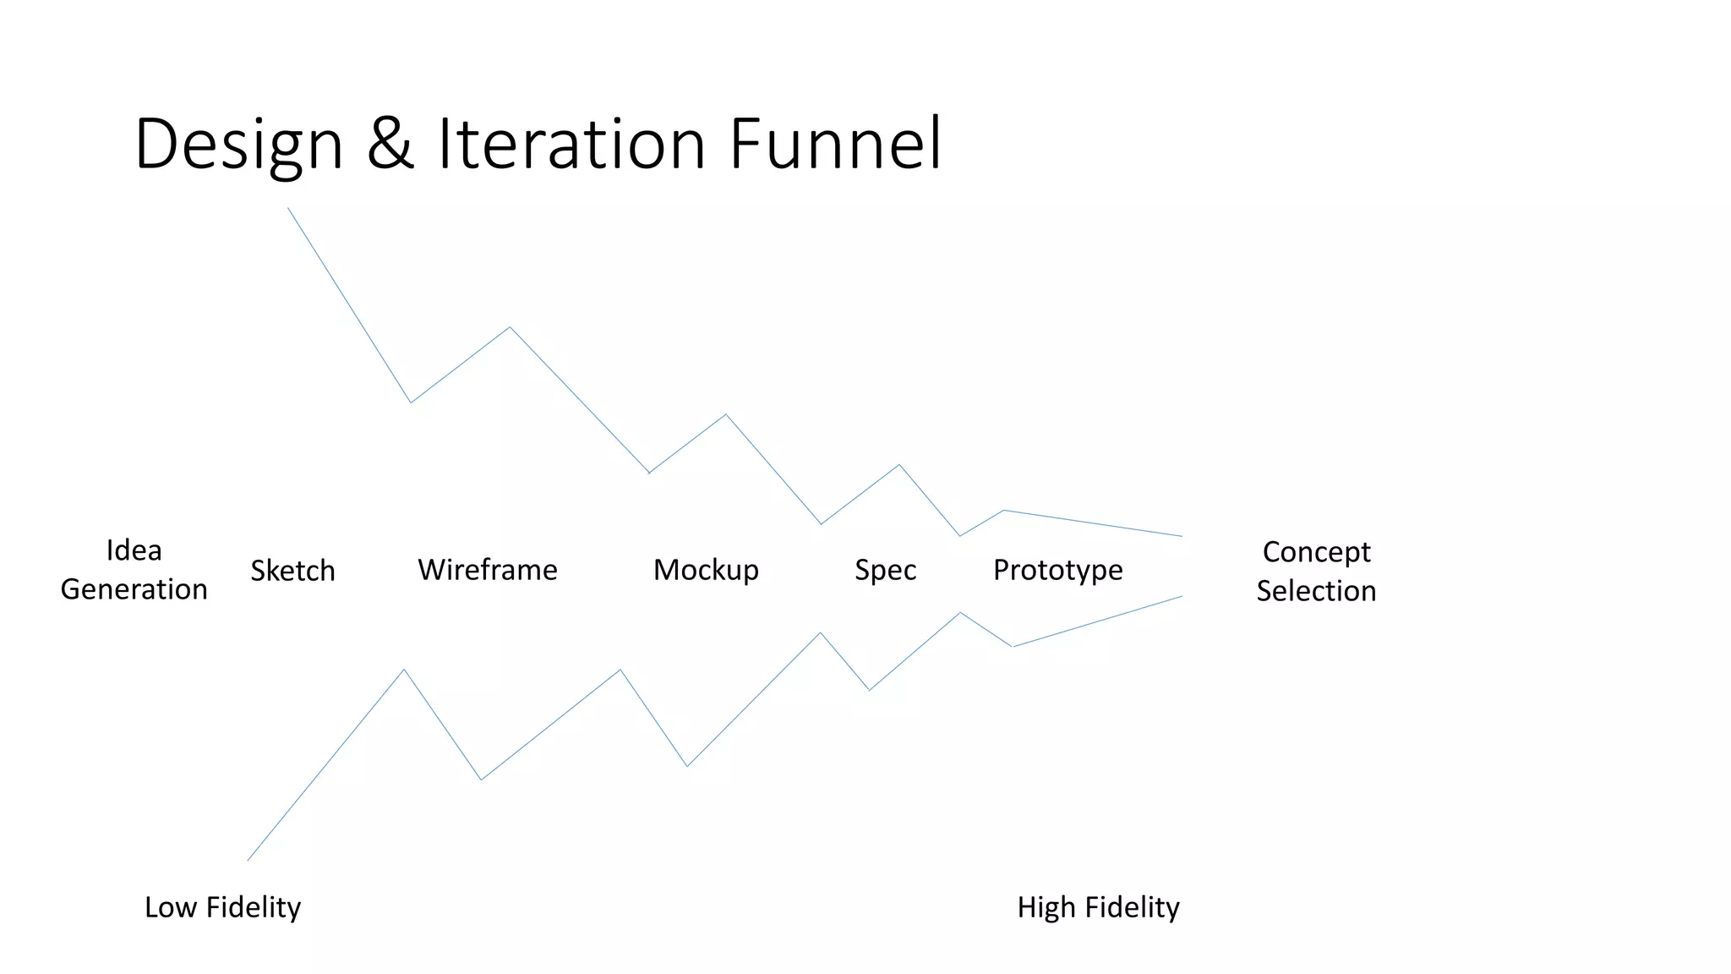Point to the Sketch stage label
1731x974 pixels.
[292, 571]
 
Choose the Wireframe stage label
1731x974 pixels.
[487, 570]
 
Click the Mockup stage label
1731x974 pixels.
[706, 570]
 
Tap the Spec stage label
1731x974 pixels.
[885, 570]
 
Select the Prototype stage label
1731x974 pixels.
[1057, 571]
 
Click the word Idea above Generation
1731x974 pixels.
[134, 550]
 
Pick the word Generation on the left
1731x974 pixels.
[134, 589]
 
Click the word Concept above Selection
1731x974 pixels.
[1316, 552]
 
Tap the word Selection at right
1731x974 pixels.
[1316, 591]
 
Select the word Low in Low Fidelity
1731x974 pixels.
[170, 907]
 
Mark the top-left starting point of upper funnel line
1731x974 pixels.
[288, 208]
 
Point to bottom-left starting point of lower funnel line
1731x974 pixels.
[248, 860]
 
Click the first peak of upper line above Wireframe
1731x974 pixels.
[510, 327]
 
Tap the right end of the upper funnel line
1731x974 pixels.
[1182, 536]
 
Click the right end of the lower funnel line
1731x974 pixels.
[1182, 596]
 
